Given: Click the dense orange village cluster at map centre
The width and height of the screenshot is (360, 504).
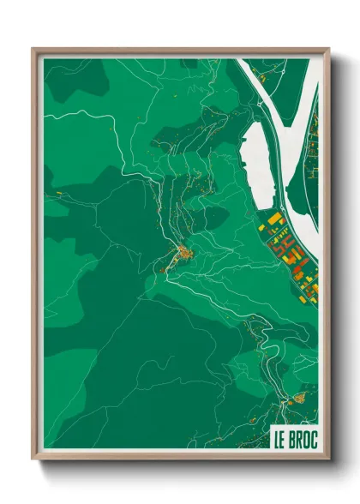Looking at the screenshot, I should coord(183,253).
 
